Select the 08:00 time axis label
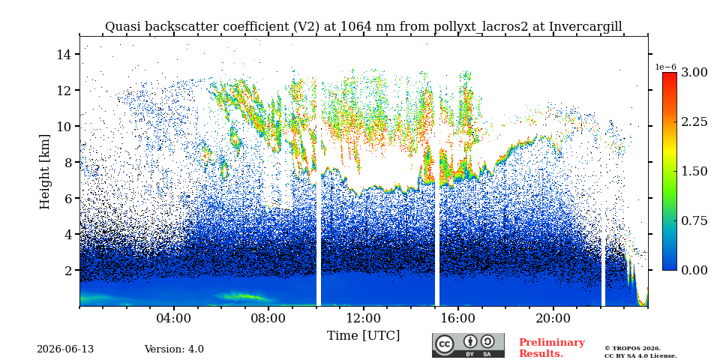click(x=268, y=319)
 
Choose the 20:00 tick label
click(x=553, y=319)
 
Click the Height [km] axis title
click(x=44, y=172)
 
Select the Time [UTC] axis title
click(x=363, y=336)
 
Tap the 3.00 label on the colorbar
click(x=694, y=73)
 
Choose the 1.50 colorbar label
click(x=694, y=171)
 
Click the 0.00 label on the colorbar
click(x=694, y=271)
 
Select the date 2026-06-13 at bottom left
click(x=65, y=349)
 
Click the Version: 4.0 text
click(x=174, y=349)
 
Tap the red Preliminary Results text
click(x=552, y=348)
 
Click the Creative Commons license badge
click(x=468, y=345)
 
